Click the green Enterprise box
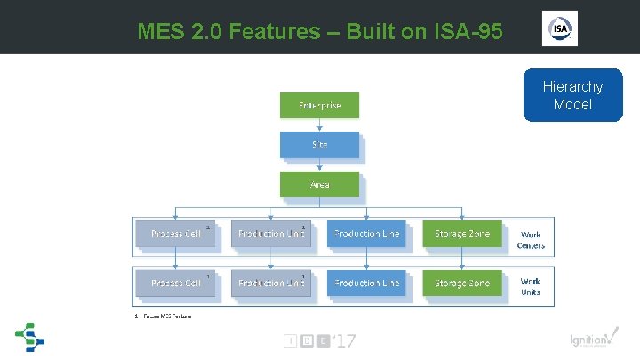(x=320, y=106)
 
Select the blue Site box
(x=320, y=145)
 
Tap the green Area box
(x=320, y=184)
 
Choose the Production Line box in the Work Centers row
(x=366, y=234)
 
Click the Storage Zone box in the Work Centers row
(x=461, y=234)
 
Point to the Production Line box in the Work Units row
(x=366, y=283)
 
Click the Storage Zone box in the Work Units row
(x=461, y=283)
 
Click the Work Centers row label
(x=531, y=240)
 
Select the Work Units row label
(x=531, y=286)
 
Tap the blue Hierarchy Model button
(x=572, y=95)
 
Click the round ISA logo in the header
(x=560, y=28)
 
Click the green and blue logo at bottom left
(x=29, y=338)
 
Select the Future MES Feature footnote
(x=163, y=316)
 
